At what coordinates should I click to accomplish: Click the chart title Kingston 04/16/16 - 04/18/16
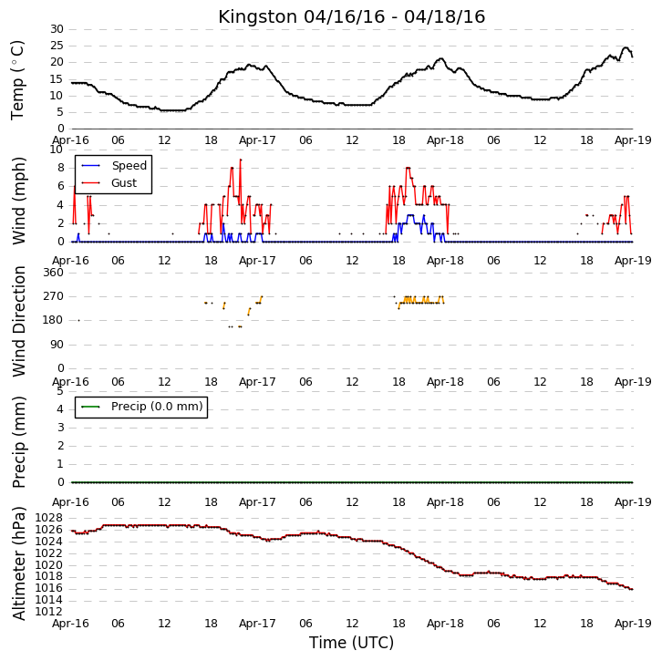(351, 17)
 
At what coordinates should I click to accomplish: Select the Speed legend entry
(114, 165)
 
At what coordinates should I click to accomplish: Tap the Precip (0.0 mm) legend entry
(142, 407)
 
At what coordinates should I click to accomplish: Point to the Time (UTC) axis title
(351, 643)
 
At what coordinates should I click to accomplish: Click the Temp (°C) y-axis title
(17, 80)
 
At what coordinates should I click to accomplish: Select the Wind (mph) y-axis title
(19, 201)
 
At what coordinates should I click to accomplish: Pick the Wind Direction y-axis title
(19, 321)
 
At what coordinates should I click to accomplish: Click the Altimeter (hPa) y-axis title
(19, 563)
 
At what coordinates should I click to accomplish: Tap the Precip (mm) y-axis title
(19, 442)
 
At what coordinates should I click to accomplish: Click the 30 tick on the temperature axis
(57, 29)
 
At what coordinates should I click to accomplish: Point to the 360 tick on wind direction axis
(54, 273)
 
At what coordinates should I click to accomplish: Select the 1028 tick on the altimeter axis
(48, 518)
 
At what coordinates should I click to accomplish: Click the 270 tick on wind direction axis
(54, 296)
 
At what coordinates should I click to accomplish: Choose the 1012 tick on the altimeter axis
(48, 612)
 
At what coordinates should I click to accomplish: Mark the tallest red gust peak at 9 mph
(241, 160)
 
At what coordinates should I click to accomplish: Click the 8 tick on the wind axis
(61, 168)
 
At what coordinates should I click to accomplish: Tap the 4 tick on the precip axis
(61, 409)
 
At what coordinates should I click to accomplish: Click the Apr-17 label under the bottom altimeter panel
(257, 624)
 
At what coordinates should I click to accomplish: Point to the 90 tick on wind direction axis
(57, 345)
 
